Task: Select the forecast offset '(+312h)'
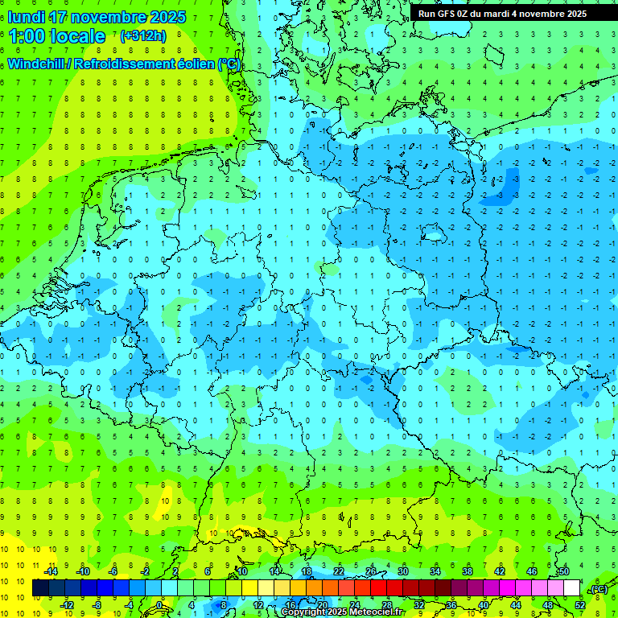click(143, 36)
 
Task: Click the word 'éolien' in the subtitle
click(196, 64)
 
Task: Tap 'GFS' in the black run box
click(446, 14)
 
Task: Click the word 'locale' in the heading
click(78, 36)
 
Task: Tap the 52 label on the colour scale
click(579, 604)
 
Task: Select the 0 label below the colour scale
click(159, 604)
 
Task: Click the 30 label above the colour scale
click(402, 571)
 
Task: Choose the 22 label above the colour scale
click(338, 571)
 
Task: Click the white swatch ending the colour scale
click(571, 588)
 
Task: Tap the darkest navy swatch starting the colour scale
click(40, 588)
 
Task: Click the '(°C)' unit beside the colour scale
click(599, 589)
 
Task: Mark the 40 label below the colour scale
click(483, 604)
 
